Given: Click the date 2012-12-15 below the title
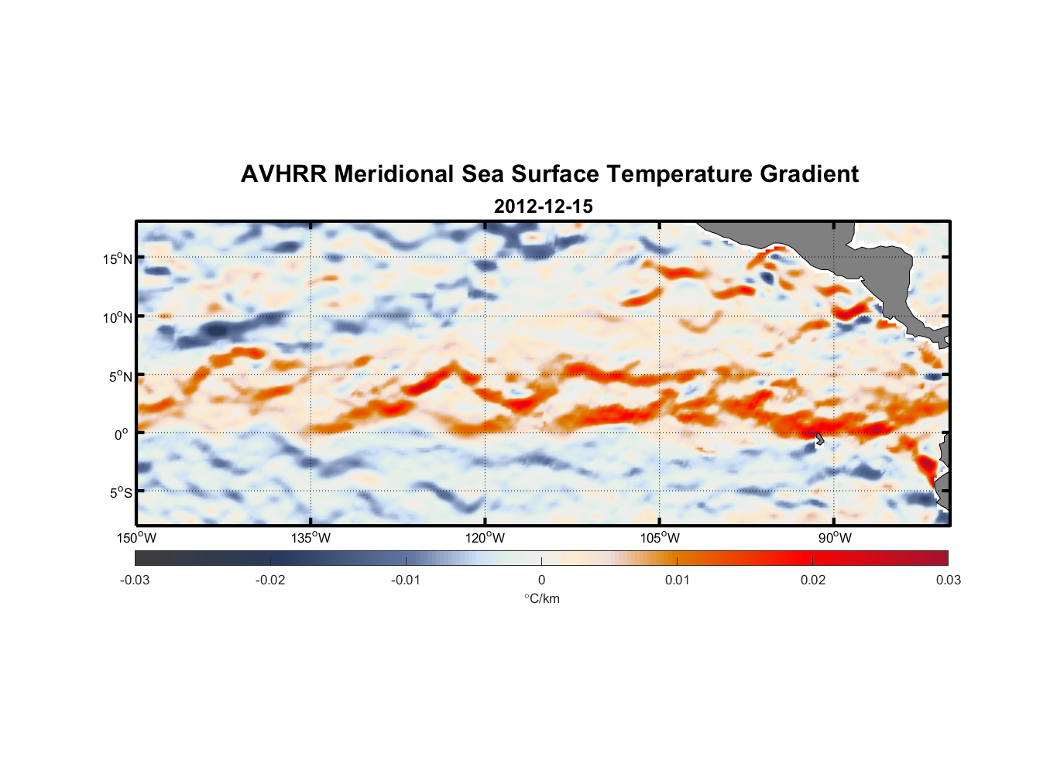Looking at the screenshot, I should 543,207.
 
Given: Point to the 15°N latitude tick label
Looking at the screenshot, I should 118,259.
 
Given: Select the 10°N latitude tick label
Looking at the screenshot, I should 118,317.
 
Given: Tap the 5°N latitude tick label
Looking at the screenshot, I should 120,376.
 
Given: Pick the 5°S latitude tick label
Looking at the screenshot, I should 120,492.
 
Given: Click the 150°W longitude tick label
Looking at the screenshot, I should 137,538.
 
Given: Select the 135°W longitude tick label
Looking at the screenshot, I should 311,538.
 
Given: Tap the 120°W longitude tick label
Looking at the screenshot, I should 486,538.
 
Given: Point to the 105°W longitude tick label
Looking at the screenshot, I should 660,538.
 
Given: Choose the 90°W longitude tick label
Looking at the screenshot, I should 835,538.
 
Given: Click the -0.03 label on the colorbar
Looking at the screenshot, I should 135,580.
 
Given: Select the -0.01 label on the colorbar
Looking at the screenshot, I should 406,580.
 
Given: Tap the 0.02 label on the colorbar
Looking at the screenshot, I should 813,580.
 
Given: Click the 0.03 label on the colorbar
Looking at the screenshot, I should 948,580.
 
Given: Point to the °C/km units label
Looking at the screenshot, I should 541,599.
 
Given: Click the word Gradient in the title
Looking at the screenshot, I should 809,174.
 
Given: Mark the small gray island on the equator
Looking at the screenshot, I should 820,439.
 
